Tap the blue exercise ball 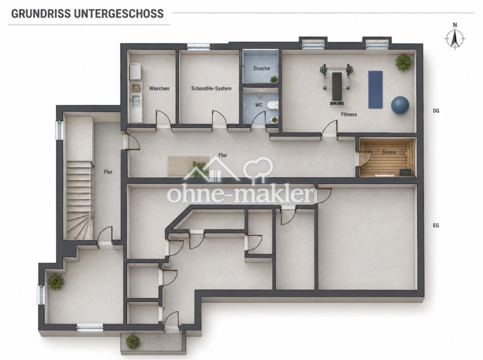[x=400, y=105]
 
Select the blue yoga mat [x=375, y=89]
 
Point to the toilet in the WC [x=273, y=105]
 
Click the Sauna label [x=389, y=152]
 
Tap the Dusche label [x=261, y=68]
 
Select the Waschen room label [x=159, y=88]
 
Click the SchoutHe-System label [x=211, y=88]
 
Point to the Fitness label [x=349, y=114]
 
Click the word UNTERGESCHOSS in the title [x=119, y=14]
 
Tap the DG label [x=436, y=111]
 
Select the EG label [x=436, y=225]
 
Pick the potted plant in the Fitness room [x=403, y=62]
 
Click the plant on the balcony [x=133, y=342]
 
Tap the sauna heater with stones [x=406, y=172]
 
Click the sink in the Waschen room [x=136, y=100]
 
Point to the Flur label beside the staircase [x=108, y=172]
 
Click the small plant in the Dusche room [x=274, y=79]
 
